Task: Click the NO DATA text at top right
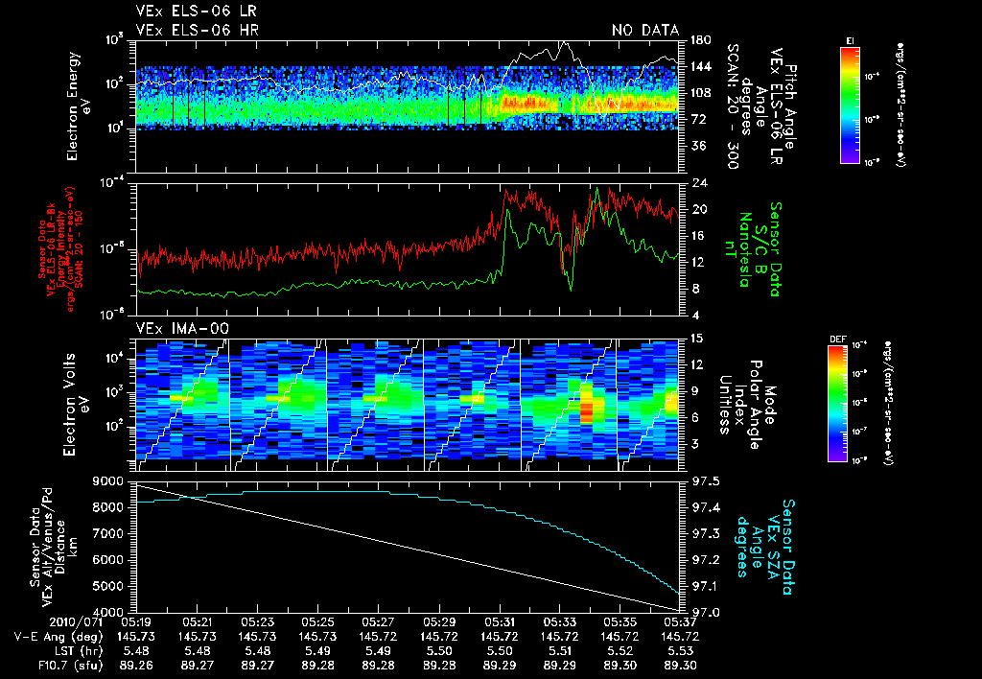pyautogui.click(x=645, y=31)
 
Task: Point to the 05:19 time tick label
pyautogui.click(x=136, y=622)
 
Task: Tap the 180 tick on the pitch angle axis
pyautogui.click(x=699, y=40)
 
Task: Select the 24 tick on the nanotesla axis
pyautogui.click(x=699, y=183)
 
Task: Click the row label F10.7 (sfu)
pyautogui.click(x=40, y=664)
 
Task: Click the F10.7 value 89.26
pyautogui.click(x=136, y=664)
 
